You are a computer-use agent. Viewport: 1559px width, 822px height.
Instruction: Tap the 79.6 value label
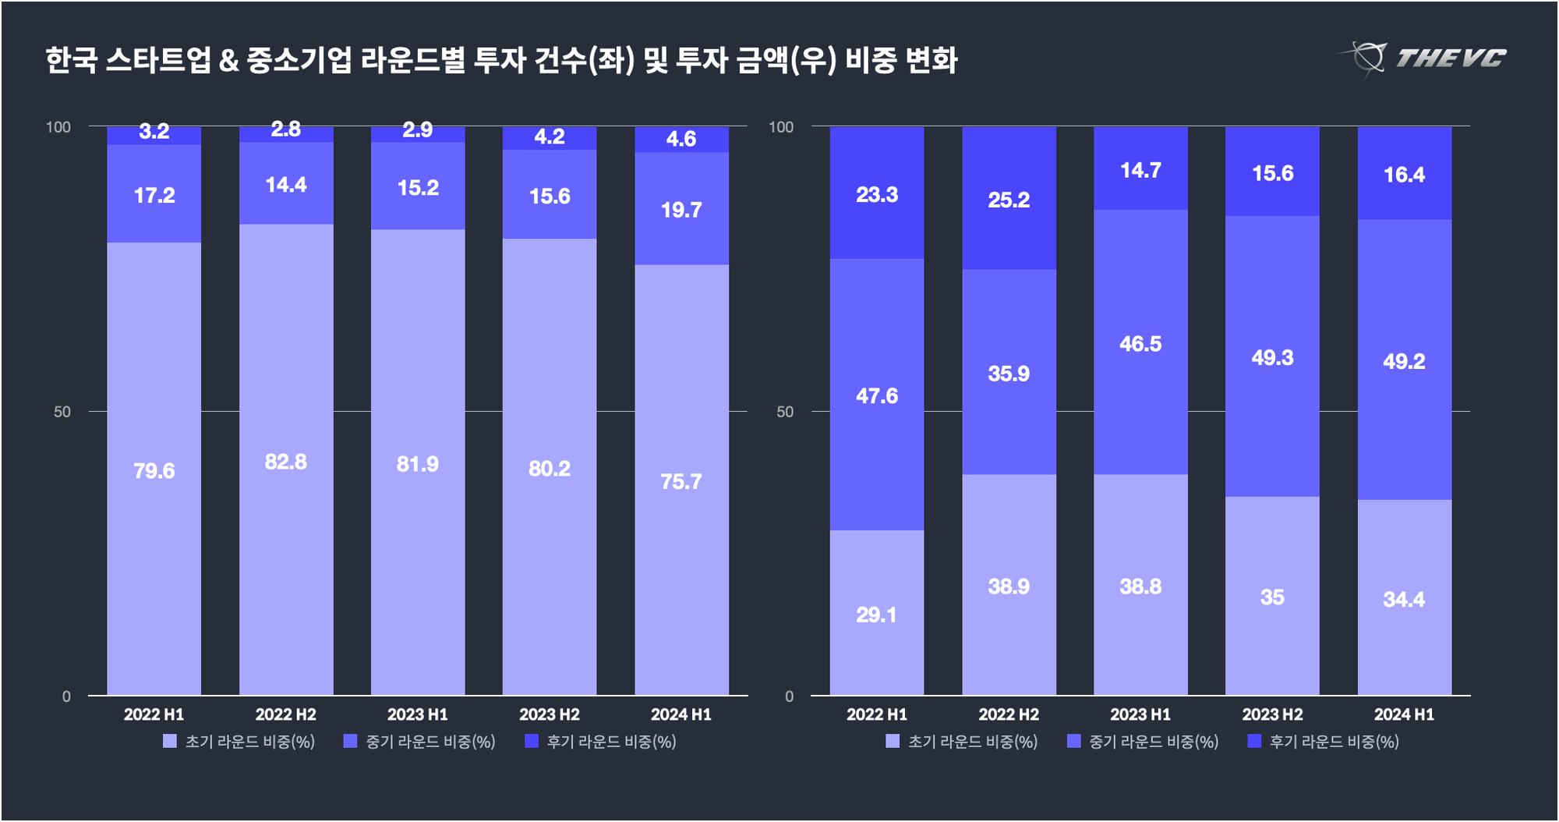tap(154, 471)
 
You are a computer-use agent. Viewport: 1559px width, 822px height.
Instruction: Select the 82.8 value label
tap(286, 462)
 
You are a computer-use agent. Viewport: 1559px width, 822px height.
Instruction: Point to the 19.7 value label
tap(681, 210)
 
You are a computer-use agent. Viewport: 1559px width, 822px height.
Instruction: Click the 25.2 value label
tap(1009, 200)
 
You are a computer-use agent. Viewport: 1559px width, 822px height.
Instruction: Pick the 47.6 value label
tap(877, 396)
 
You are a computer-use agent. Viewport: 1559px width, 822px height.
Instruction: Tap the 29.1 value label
tap(877, 615)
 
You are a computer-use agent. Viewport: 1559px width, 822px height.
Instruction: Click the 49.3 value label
tap(1272, 357)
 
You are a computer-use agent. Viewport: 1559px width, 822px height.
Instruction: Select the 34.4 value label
tap(1404, 599)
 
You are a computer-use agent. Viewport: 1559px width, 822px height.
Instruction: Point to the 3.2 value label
tap(154, 132)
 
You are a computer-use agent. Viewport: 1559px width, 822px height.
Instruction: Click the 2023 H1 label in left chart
tap(418, 714)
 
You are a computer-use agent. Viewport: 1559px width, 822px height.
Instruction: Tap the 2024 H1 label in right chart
tap(1404, 714)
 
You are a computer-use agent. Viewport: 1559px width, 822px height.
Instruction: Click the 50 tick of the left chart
tap(62, 412)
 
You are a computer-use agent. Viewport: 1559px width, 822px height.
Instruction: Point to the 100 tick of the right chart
tap(781, 127)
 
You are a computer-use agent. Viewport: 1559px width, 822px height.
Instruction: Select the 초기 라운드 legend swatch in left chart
tap(170, 741)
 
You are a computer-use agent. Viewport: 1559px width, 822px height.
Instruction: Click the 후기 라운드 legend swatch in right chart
tap(1254, 741)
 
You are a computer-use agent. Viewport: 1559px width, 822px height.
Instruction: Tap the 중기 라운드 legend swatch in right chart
tap(1074, 741)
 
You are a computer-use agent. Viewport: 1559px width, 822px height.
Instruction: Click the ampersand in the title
tap(228, 60)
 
